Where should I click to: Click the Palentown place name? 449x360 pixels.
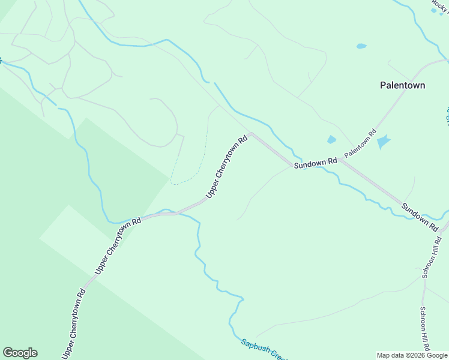(x=402, y=85)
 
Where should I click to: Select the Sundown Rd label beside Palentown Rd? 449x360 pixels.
(x=315, y=163)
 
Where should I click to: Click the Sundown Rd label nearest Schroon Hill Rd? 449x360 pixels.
(x=419, y=217)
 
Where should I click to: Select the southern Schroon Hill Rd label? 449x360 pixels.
(x=424, y=329)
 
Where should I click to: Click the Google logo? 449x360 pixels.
(x=20, y=353)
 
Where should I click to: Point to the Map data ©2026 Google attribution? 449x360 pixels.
(x=412, y=355)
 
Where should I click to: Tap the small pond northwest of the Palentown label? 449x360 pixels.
(x=361, y=46)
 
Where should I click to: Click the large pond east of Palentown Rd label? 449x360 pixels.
(x=382, y=142)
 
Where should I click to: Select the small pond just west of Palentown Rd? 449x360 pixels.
(x=331, y=140)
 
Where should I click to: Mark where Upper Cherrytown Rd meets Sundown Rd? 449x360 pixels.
(x=251, y=133)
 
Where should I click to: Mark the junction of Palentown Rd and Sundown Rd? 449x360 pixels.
(x=340, y=160)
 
